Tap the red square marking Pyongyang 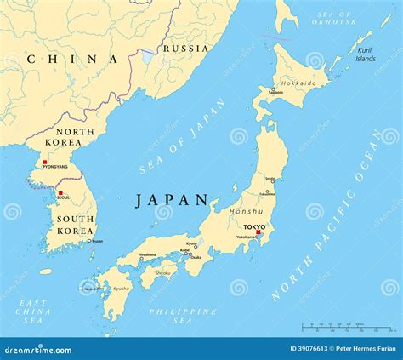[45, 161]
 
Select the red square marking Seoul [60, 193]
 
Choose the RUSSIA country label [184, 49]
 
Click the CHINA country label [72, 59]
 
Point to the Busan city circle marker [88, 241]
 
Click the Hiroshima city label [147, 254]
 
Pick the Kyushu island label [122, 289]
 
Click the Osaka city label [196, 257]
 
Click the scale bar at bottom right [337, 329]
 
